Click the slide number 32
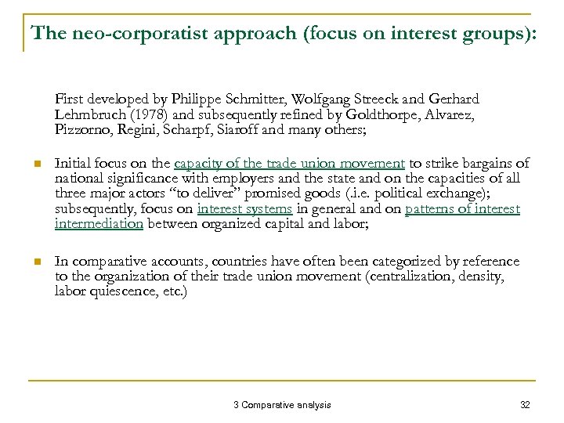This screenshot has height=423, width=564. click(525, 405)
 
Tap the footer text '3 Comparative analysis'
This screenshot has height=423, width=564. click(282, 405)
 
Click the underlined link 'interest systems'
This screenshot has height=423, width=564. click(244, 208)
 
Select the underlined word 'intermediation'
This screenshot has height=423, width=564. click(99, 223)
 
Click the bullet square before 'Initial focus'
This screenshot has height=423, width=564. click(34, 164)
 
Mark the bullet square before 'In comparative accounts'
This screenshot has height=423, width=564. click(34, 262)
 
